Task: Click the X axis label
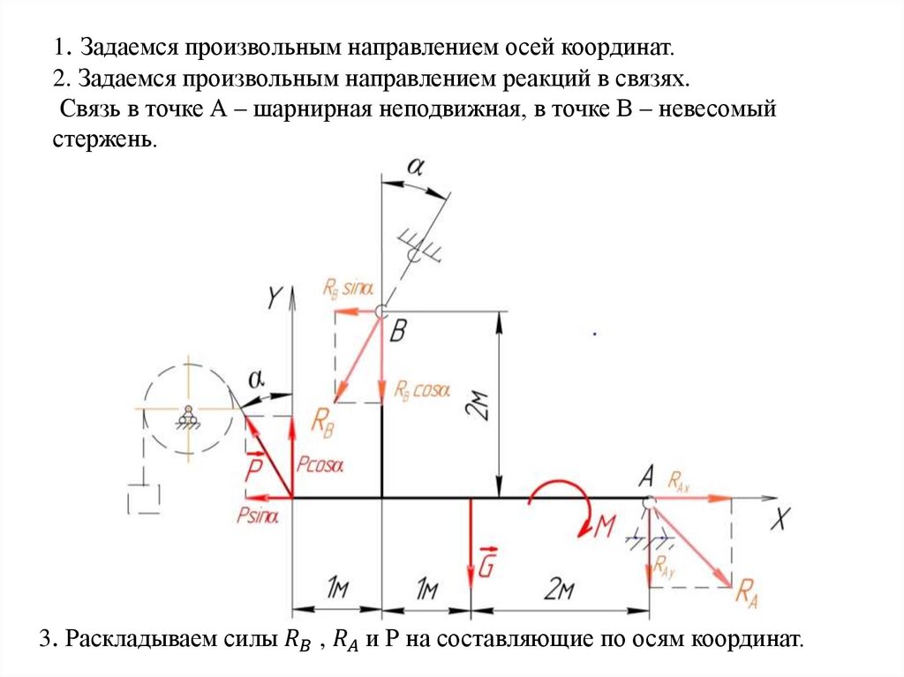click(x=779, y=520)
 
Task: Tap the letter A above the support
click(x=645, y=478)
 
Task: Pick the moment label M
click(x=605, y=527)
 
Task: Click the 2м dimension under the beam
click(x=560, y=589)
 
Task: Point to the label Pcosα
click(x=320, y=463)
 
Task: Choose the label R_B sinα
click(x=348, y=289)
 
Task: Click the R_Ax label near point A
click(x=679, y=482)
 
